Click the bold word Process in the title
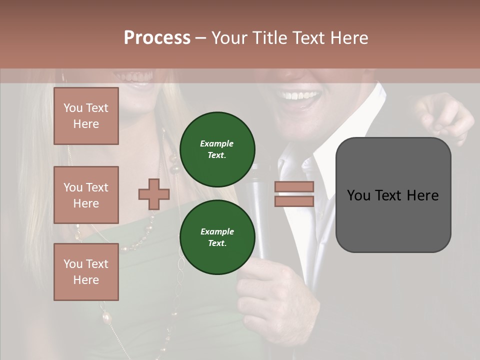click(x=157, y=37)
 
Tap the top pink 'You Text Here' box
click(x=86, y=116)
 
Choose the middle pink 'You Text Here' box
click(x=86, y=195)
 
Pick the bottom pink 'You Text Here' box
click(x=86, y=272)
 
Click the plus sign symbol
click(x=154, y=194)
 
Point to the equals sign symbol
click(x=294, y=194)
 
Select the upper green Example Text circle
click(x=217, y=149)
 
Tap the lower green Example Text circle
click(x=217, y=237)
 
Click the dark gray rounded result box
click(x=393, y=195)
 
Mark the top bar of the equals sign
click(x=294, y=187)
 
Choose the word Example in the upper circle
click(x=217, y=143)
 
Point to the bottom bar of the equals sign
click(x=294, y=201)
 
